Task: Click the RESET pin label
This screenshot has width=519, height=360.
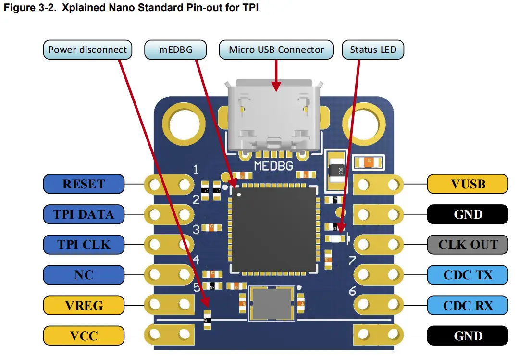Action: [84, 184]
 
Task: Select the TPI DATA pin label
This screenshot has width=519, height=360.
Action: [84, 214]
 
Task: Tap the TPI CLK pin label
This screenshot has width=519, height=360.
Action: [84, 245]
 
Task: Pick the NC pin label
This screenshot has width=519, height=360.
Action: [84, 275]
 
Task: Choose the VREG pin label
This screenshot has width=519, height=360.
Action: [84, 305]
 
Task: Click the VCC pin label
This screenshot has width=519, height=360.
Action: [84, 335]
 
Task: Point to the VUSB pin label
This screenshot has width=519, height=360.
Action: [468, 184]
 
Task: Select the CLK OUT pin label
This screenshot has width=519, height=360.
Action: [468, 245]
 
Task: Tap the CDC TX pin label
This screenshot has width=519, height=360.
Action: [468, 275]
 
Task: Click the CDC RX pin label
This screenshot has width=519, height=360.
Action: [468, 305]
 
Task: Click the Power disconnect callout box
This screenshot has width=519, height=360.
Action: [87, 50]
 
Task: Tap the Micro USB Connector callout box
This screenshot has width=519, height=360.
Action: [276, 50]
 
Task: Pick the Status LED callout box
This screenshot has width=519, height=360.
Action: [373, 50]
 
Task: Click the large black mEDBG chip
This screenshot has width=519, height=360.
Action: [273, 229]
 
